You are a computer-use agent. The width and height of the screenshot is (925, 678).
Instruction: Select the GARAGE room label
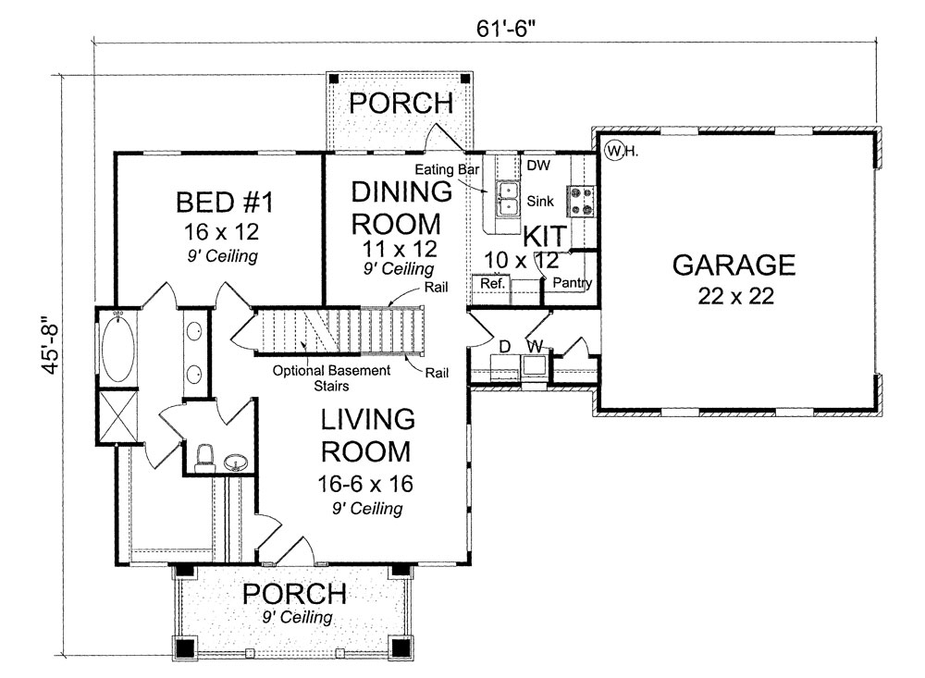tap(733, 265)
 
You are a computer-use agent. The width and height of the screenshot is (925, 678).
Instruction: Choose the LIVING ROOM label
tap(366, 435)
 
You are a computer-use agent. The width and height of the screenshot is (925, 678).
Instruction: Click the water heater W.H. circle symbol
tap(613, 149)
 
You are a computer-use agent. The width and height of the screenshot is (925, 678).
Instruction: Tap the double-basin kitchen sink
tap(508, 198)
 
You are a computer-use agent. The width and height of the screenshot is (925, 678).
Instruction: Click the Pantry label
tap(573, 284)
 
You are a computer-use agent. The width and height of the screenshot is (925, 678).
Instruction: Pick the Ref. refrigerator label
tap(491, 284)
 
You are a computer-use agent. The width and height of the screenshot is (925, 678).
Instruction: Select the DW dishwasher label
tap(536, 166)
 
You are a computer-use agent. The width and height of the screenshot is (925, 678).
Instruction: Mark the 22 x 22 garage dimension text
tap(733, 296)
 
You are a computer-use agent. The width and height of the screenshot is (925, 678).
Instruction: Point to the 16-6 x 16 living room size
tap(366, 484)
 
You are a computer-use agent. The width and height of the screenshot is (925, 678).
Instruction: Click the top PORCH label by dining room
tap(400, 102)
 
